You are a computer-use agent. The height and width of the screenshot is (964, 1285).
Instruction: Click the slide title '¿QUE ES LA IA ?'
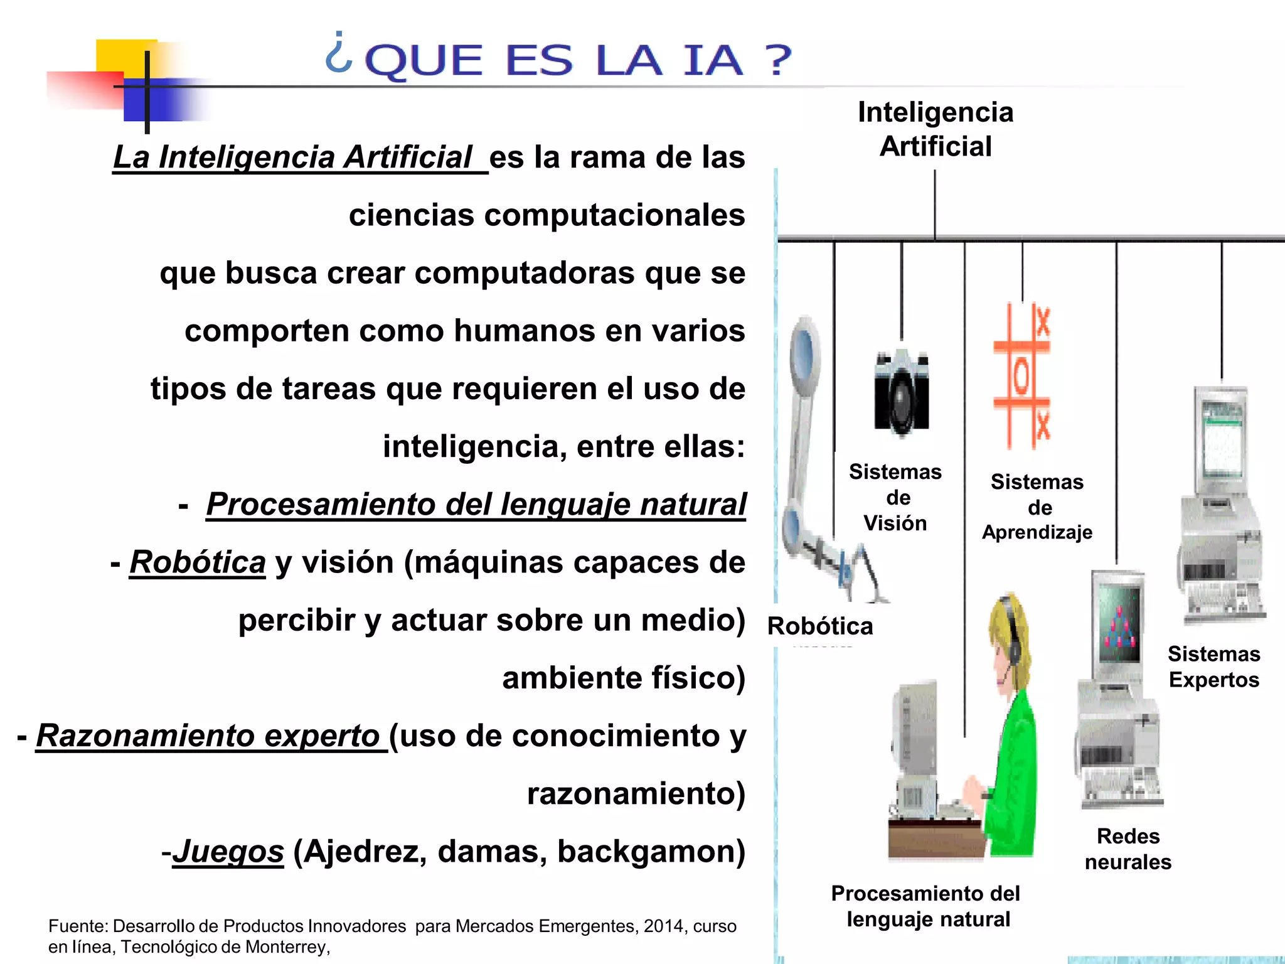pyautogui.click(x=558, y=60)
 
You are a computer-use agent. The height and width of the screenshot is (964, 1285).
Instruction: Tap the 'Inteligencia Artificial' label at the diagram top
pyautogui.click(x=935, y=129)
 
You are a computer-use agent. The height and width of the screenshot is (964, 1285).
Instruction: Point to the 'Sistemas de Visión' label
pyautogui.click(x=895, y=497)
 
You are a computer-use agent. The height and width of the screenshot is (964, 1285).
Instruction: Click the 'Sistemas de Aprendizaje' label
pyautogui.click(x=1037, y=507)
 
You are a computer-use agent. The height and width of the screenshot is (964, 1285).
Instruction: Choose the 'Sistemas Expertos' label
pyautogui.click(x=1213, y=667)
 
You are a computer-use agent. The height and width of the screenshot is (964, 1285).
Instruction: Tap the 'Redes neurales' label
pyautogui.click(x=1128, y=849)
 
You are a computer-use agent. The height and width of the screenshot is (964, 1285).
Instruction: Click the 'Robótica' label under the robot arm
pyautogui.click(x=820, y=626)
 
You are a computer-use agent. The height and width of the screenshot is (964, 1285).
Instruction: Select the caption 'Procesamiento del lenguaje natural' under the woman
pyautogui.click(x=926, y=906)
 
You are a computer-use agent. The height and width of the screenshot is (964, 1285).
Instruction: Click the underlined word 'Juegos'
pyautogui.click(x=228, y=851)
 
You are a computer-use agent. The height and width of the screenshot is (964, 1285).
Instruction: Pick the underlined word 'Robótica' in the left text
pyautogui.click(x=198, y=562)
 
